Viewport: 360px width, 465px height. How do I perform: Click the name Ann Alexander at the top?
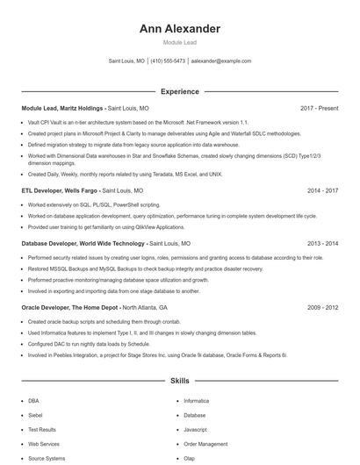pyautogui.click(x=179, y=29)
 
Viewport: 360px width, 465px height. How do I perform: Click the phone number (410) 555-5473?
pyautogui.click(x=168, y=61)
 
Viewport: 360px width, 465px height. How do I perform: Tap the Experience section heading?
pyautogui.click(x=179, y=90)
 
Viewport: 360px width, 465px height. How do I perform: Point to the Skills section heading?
pyautogui.click(x=179, y=382)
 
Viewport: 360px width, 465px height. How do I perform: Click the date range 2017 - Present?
pyautogui.click(x=319, y=108)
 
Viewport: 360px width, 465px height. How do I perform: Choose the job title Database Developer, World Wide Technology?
pyautogui.click(x=83, y=243)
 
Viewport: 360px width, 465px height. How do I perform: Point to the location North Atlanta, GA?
pyautogui.click(x=145, y=308)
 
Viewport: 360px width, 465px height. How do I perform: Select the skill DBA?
pyautogui.click(x=33, y=400)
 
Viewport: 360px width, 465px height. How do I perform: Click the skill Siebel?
pyautogui.click(x=35, y=415)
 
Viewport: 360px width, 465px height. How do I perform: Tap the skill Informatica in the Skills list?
pyautogui.click(x=196, y=400)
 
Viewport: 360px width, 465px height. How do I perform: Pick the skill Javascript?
pyautogui.click(x=195, y=430)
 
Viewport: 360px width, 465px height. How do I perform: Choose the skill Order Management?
pyautogui.click(x=205, y=444)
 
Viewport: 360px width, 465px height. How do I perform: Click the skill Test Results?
pyautogui.click(x=41, y=430)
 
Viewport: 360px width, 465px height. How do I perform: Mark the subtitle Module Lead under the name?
pyautogui.click(x=179, y=42)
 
